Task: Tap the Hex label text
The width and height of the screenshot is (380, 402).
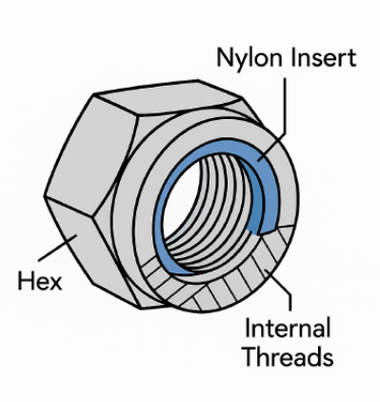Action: [x=40, y=280]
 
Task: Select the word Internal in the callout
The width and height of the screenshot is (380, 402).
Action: [x=288, y=328]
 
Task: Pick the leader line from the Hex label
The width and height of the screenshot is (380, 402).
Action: [x=57, y=248]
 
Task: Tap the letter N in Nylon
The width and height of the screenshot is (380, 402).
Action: [x=225, y=57]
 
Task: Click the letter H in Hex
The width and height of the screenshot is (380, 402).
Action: [x=25, y=280]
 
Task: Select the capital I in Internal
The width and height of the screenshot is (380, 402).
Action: [x=248, y=328]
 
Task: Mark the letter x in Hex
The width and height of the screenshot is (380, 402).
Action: [x=55, y=283]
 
